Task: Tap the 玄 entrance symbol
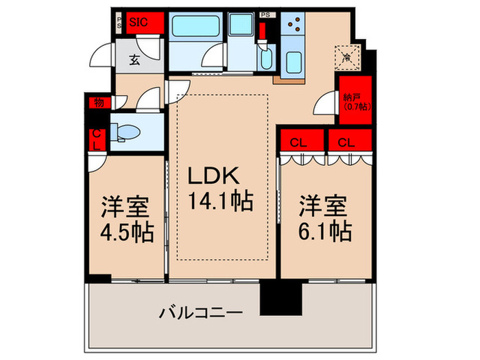[x=134, y=59]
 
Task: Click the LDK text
[x=215, y=176]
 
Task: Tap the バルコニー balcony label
[x=201, y=313]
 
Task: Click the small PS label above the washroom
[x=264, y=13]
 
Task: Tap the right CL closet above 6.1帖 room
[x=347, y=143]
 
